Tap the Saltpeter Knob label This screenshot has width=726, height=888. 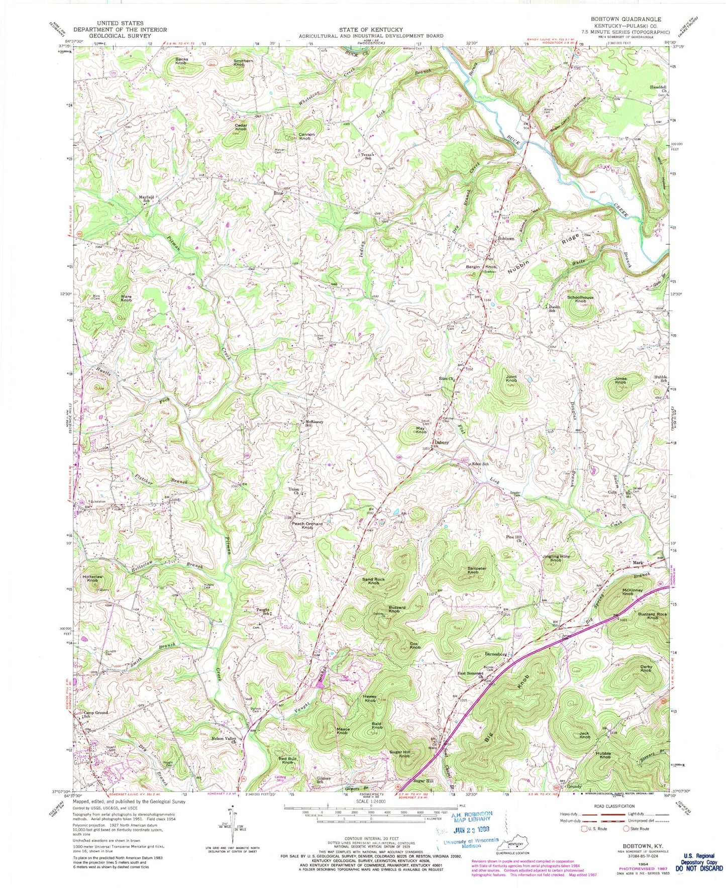coord(473,569)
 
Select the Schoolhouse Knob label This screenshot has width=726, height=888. coord(580,299)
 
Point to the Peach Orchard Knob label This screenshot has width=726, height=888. coord(307,526)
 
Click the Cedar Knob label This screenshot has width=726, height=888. coord(240,127)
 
